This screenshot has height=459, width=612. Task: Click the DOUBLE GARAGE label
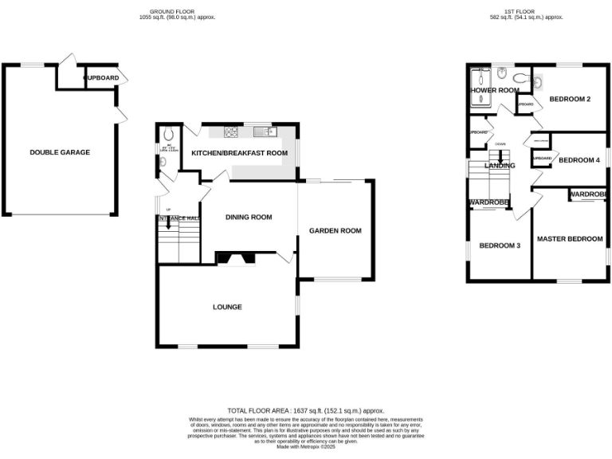(60, 152)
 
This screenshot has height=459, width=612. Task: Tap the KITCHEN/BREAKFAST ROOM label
(239, 152)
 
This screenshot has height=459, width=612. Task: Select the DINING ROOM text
(249, 217)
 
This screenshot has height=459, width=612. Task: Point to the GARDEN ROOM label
(335, 231)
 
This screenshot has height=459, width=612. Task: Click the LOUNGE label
(227, 307)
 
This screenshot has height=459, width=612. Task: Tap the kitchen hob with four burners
(233, 131)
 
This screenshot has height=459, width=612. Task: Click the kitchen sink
(264, 131)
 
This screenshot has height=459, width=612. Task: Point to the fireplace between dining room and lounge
(235, 257)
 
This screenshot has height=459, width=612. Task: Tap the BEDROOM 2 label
(569, 99)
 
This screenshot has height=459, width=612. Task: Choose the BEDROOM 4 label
(579, 160)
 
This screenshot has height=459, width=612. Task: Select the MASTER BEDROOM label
(569, 239)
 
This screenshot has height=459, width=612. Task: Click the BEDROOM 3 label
(500, 245)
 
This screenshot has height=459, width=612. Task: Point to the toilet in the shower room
(503, 75)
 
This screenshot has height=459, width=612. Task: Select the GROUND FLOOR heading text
(173, 11)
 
